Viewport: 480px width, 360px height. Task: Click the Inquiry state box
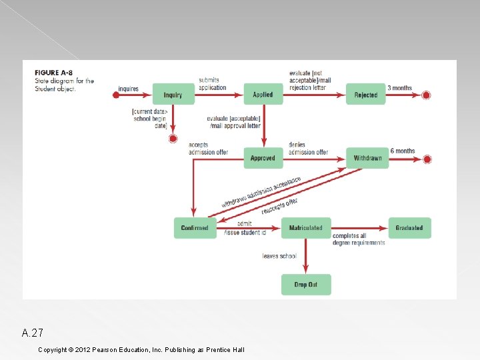point(173,95)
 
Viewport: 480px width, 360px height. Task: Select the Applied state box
point(263,95)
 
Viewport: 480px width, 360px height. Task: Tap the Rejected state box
point(365,95)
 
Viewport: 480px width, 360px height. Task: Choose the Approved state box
point(263,158)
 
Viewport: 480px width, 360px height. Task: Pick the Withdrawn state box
point(367,158)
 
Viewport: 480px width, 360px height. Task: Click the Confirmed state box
point(195,228)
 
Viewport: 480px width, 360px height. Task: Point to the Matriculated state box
point(305,228)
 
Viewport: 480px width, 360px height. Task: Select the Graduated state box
point(409,228)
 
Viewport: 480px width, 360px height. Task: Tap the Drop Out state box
point(305,285)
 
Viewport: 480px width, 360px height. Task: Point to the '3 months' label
point(400,88)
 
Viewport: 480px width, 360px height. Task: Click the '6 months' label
point(403,151)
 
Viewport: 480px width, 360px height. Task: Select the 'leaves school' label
point(279,256)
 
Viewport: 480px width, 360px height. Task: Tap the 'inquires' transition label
point(128,89)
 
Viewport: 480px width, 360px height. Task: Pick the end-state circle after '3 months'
point(427,95)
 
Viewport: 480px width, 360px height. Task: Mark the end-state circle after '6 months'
point(427,159)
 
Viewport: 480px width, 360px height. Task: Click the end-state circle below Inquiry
point(173,139)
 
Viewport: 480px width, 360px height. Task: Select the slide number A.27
point(33,333)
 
